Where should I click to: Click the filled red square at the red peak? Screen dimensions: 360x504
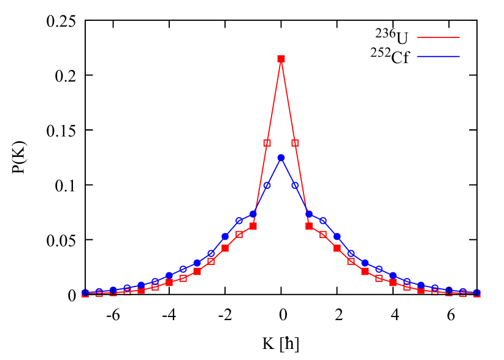(x=281, y=59)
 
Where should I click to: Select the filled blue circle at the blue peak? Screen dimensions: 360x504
(x=281, y=158)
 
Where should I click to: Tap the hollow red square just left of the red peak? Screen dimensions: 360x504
(x=267, y=143)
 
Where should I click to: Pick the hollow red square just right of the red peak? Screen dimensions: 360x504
(x=295, y=143)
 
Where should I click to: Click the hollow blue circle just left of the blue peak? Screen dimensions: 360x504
(x=267, y=185)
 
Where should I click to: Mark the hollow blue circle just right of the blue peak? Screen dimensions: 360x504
(x=295, y=185)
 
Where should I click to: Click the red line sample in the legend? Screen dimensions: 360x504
(x=438, y=37)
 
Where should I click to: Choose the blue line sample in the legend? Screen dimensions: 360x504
(x=438, y=56)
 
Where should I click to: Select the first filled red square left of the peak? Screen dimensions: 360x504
(x=253, y=226)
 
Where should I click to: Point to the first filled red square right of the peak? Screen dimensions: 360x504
(x=309, y=226)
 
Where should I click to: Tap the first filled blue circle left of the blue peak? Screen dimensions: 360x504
(x=253, y=214)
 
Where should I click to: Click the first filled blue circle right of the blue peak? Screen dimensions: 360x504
(x=309, y=214)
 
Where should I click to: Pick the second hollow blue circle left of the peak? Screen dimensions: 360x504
(x=239, y=220)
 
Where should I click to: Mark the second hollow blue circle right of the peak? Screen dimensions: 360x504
(x=323, y=220)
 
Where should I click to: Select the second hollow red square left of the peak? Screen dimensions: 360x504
(x=239, y=234)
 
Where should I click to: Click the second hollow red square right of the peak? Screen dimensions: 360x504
(x=323, y=234)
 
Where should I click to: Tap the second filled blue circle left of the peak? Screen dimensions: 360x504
(x=225, y=236)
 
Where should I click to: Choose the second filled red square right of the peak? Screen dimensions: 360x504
(x=337, y=248)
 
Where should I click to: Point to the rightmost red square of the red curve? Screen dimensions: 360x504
(x=477, y=294)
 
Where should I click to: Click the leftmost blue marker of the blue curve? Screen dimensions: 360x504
(x=85, y=293)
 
